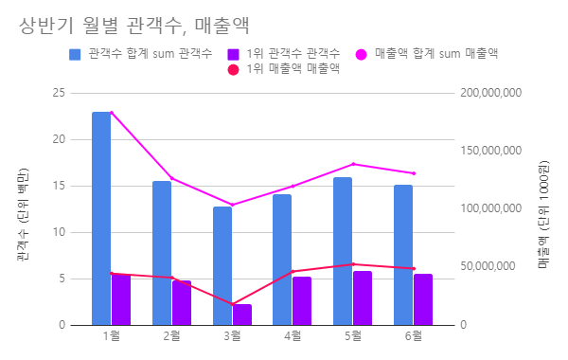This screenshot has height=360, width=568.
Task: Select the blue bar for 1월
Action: click(101, 218)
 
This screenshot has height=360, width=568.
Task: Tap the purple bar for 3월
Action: click(242, 315)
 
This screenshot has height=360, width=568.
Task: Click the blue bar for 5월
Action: click(343, 251)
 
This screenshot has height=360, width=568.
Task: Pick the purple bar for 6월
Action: click(423, 299)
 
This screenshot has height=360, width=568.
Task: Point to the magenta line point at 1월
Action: click(112, 113)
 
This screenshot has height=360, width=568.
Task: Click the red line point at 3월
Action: click(233, 304)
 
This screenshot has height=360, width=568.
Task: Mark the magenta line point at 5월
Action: click(353, 164)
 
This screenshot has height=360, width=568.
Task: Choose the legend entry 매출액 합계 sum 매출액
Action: click(435, 54)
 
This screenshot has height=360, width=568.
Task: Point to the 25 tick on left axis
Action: click(59, 93)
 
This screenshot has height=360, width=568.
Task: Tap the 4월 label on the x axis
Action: click(293, 335)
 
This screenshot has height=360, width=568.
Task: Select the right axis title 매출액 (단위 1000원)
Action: click(545, 209)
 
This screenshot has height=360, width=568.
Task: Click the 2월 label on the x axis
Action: click(172, 335)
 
